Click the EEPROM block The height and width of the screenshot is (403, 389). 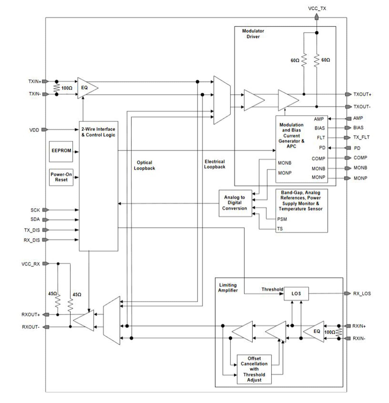pos(61,151)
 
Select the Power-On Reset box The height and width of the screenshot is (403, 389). pos(61,177)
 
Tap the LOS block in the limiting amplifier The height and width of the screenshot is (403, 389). pos(296,294)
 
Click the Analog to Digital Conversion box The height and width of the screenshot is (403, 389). pos(235,203)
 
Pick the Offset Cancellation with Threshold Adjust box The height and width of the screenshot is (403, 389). pos(254,369)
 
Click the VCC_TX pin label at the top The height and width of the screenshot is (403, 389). pos(317,9)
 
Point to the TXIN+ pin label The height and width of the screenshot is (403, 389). pos(35,82)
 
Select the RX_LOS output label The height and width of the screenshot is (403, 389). pos(362,294)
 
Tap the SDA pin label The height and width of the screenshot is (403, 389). pos(35,220)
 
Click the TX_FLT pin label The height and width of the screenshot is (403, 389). pos(361,137)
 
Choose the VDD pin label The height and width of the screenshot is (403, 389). pos(34,130)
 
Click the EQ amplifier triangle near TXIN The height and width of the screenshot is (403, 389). pos(86,88)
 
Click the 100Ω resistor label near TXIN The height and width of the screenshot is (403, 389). pos(67,88)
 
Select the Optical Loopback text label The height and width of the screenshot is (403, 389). pos(144,166)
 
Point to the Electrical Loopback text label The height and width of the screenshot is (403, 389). pos(215,164)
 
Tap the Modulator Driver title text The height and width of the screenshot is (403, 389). pos(253,34)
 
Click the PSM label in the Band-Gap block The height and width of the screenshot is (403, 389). pos(282,219)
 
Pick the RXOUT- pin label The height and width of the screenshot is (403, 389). pos(31,327)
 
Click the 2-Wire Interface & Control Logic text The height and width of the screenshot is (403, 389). pos(98,132)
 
